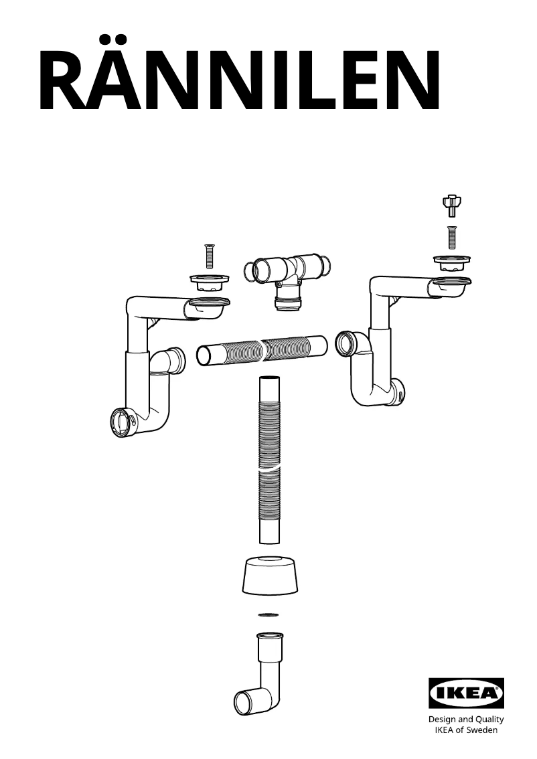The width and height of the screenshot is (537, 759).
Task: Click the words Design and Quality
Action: [x=466, y=720]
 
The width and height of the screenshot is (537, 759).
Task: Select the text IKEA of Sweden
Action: [x=466, y=730]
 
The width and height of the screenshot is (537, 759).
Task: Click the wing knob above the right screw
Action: [x=453, y=204]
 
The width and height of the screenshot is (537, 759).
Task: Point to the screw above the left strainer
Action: [x=207, y=256]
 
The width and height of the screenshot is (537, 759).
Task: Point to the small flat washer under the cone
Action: [x=268, y=614]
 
